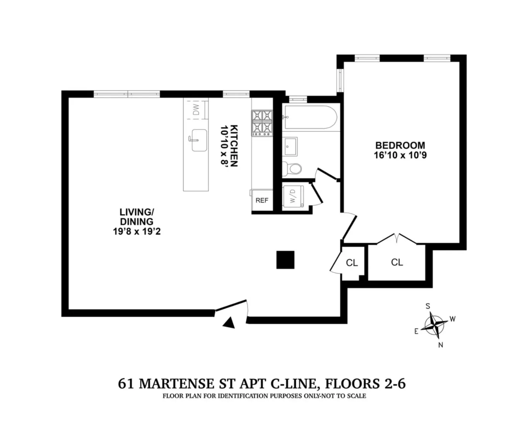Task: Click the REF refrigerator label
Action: click(x=262, y=200)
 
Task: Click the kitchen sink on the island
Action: click(x=198, y=140)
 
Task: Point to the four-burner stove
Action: click(x=262, y=123)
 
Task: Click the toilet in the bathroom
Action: click(x=292, y=169)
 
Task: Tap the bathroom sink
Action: click(x=289, y=146)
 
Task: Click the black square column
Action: click(x=285, y=260)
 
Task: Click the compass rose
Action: click(x=434, y=325)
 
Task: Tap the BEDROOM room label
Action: click(x=400, y=146)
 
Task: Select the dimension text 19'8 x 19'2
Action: click(x=137, y=231)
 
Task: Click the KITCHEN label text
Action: click(x=234, y=146)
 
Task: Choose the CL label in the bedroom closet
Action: click(x=397, y=262)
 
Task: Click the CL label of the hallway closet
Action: click(x=352, y=263)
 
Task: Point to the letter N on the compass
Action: click(x=440, y=345)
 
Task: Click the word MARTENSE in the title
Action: click(x=176, y=383)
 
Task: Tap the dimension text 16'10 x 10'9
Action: click(x=400, y=156)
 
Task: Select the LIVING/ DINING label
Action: click(x=137, y=217)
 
